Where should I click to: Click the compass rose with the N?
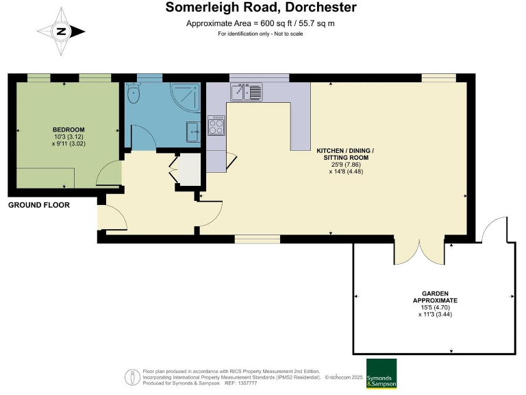coord(61,31)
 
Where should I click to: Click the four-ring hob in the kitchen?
coord(216,126)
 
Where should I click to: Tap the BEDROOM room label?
coord(68,130)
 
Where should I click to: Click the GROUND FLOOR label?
coord(38,205)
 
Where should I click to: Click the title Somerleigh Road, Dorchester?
coord(261,8)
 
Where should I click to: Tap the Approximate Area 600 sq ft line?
coord(260,24)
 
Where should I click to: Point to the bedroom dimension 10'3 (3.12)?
coord(68,137)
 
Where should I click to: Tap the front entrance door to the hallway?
coord(112,217)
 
